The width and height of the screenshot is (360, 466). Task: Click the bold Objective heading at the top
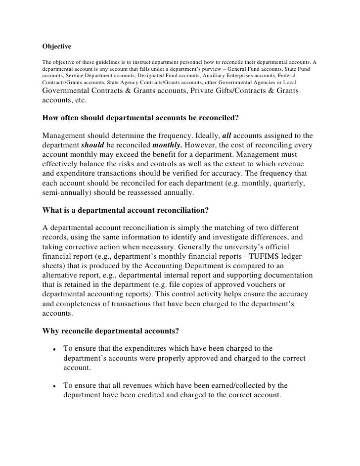pos(57,47)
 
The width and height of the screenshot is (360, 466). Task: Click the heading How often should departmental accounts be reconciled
pos(140,118)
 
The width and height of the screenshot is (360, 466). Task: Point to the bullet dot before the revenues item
pos(51,386)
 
